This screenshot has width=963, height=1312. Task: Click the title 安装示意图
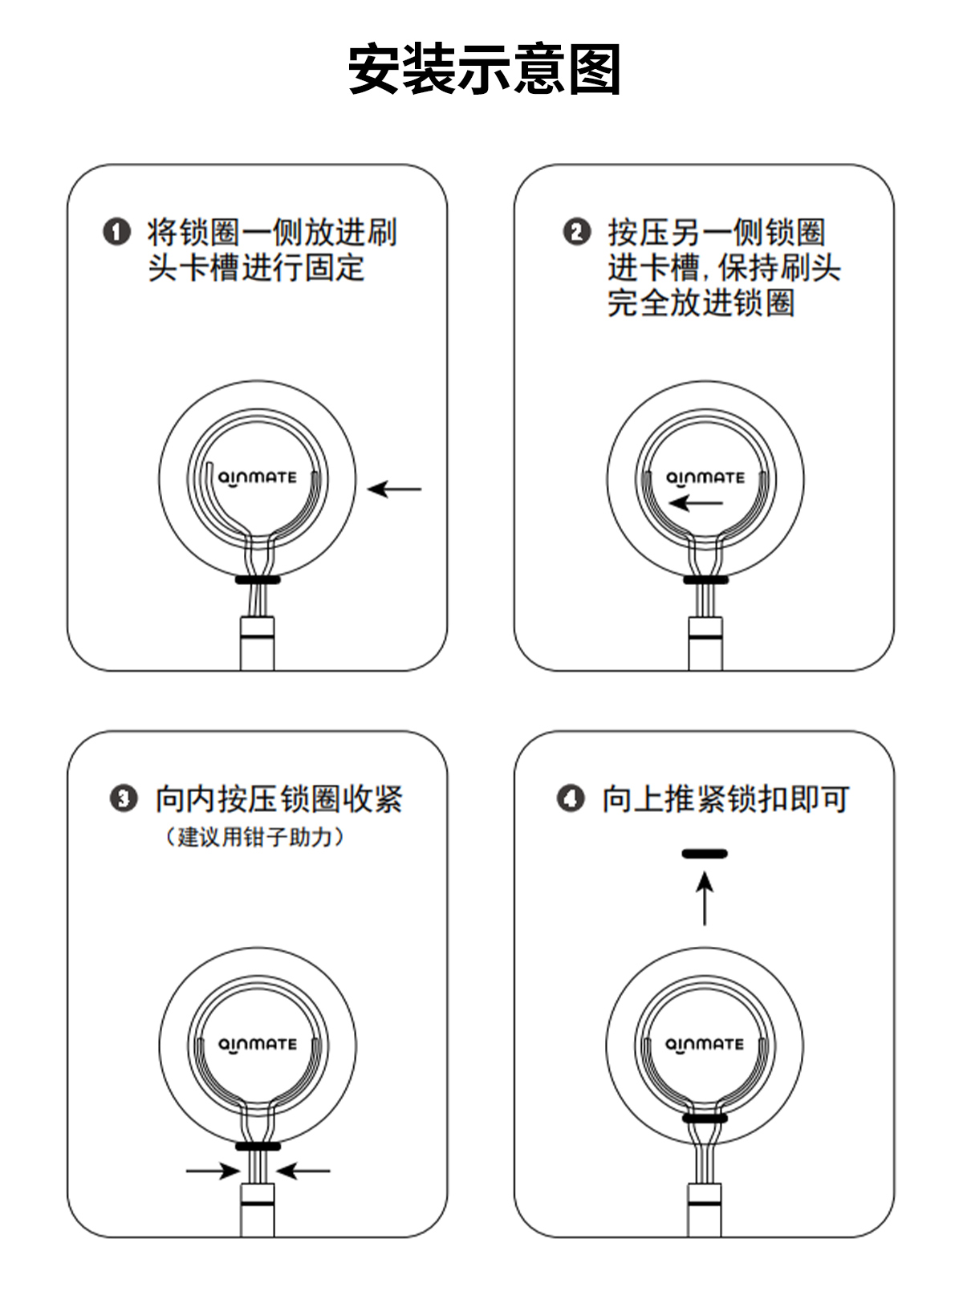[485, 69]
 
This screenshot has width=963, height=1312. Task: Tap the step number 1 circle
[116, 232]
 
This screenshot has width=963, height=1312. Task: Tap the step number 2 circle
[577, 232]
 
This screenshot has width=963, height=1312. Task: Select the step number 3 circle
[124, 799]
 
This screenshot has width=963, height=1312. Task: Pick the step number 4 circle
[571, 799]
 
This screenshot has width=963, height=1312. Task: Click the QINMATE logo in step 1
[257, 478]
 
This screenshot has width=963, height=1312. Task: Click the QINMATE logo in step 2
[705, 478]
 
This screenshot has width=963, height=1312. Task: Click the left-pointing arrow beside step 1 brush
[395, 489]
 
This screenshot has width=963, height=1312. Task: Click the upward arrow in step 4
[705, 899]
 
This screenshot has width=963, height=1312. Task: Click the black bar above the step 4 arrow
[705, 854]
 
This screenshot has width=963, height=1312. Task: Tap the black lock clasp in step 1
[258, 580]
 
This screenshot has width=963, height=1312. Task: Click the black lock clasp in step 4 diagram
[705, 1118]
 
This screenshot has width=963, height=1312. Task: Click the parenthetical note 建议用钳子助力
[254, 837]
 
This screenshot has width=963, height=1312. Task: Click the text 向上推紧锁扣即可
[725, 799]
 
